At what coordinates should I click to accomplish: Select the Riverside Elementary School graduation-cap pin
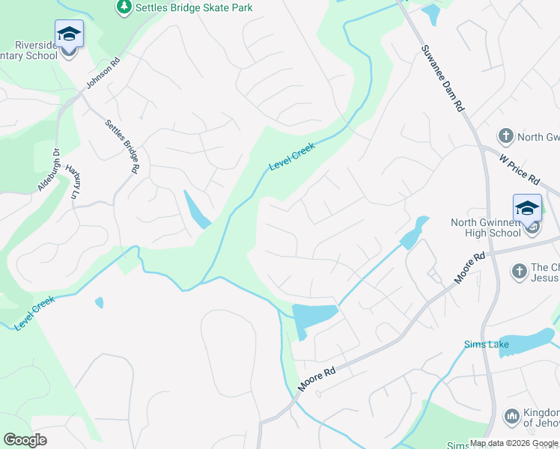coord(69,35)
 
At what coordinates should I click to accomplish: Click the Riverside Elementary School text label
coord(30,50)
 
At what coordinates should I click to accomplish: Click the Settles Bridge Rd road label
coord(122,147)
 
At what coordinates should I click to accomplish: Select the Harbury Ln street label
coord(73,182)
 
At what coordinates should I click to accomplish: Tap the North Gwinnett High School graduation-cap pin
coord(527,209)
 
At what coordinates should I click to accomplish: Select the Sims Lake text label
coord(484,344)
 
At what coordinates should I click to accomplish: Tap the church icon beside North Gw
coord(506,136)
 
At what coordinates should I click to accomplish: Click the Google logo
coord(25,440)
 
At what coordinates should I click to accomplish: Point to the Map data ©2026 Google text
coord(513,443)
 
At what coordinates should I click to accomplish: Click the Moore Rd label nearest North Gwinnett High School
coord(469,268)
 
